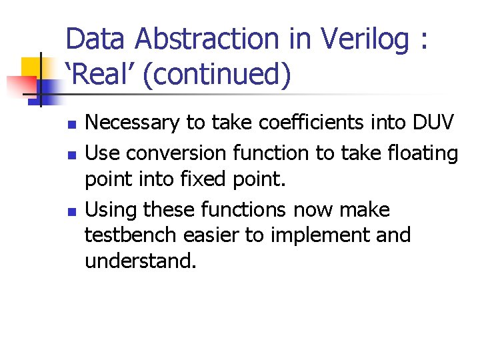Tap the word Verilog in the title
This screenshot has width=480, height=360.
click(365, 41)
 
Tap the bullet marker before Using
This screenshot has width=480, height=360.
click(73, 211)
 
